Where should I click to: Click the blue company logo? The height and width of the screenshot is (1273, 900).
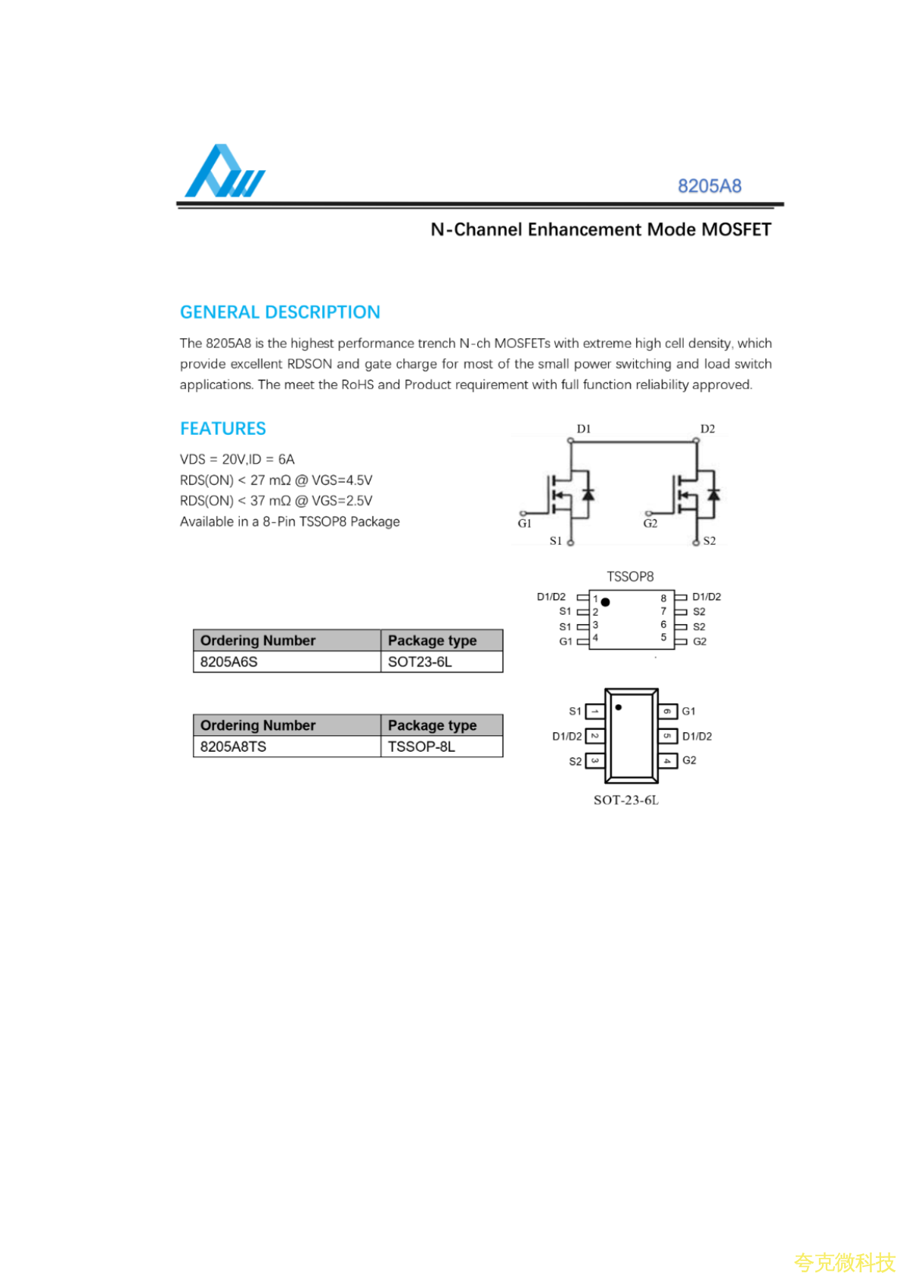click(224, 172)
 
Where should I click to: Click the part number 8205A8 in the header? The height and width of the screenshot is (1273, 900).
click(709, 186)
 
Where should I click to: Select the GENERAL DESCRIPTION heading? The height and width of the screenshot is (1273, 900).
click(280, 312)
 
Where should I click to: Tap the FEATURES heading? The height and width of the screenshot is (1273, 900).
click(222, 429)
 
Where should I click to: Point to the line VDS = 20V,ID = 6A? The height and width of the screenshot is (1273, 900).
click(237, 459)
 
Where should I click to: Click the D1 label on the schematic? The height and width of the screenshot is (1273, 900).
click(583, 429)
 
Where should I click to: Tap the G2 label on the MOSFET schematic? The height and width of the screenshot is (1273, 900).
click(650, 523)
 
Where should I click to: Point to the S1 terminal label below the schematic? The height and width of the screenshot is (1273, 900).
click(556, 541)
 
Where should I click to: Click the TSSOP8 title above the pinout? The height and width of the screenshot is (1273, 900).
click(630, 576)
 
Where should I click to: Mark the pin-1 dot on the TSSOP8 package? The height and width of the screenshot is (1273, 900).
click(606, 602)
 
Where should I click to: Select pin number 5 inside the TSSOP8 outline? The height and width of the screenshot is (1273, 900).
click(663, 638)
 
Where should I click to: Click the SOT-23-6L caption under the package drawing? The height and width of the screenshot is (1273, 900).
click(625, 800)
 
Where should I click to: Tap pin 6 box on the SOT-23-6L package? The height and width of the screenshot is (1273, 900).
click(667, 711)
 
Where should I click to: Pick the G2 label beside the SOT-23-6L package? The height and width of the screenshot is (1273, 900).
click(689, 760)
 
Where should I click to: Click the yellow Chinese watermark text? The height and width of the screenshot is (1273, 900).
click(844, 1262)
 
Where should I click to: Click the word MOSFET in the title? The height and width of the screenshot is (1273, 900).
click(735, 230)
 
